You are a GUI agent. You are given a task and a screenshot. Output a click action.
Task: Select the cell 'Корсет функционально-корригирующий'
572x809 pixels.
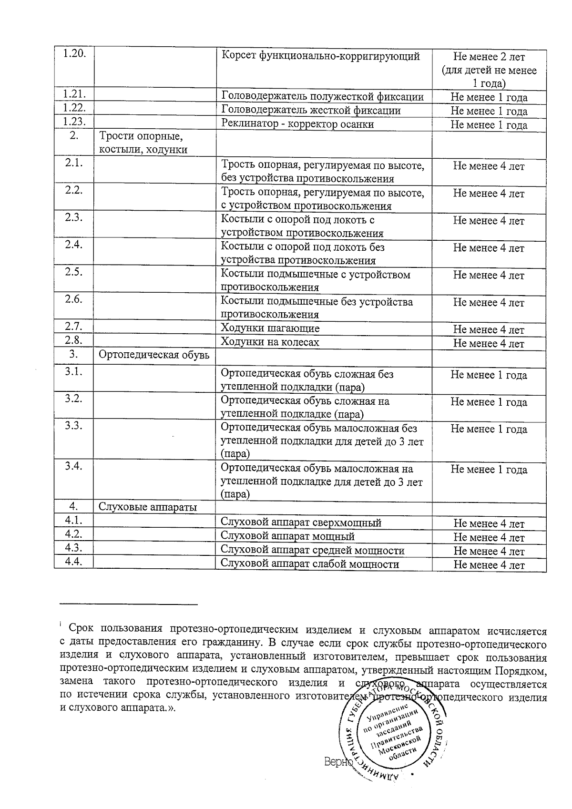click(321, 56)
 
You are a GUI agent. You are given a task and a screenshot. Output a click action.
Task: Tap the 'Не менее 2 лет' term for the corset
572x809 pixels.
click(489, 57)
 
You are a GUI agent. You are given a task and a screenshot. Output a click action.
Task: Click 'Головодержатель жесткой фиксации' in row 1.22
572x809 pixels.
click(311, 111)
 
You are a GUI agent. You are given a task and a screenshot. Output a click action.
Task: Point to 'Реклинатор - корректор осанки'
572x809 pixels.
click(297, 124)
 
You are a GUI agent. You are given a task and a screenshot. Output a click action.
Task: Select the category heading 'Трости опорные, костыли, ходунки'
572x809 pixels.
click(143, 143)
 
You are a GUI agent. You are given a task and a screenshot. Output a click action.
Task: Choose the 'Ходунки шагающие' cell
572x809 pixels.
click(270, 328)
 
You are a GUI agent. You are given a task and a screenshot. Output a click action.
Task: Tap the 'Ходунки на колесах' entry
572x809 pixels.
click(270, 342)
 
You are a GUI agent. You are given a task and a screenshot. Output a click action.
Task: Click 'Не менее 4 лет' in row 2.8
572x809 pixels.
click(489, 343)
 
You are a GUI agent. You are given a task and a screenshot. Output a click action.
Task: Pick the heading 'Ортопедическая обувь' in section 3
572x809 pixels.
click(153, 355)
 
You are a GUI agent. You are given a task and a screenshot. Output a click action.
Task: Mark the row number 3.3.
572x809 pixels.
click(74, 426)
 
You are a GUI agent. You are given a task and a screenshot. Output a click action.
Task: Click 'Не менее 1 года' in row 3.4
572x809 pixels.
click(489, 470)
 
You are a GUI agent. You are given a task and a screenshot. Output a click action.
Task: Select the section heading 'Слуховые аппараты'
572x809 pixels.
click(147, 507)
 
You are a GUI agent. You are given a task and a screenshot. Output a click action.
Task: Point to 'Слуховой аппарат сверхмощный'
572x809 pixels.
click(301, 522)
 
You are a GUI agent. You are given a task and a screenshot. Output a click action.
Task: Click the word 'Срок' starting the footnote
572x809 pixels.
click(81, 631)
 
